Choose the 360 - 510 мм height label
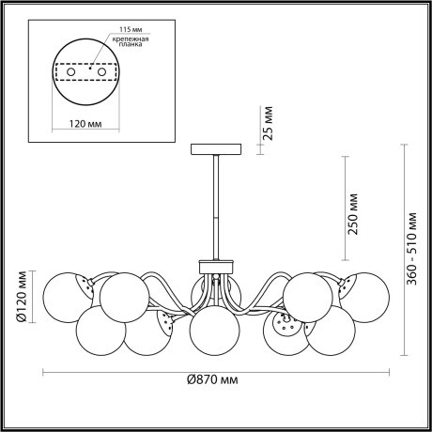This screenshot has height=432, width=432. (411, 249)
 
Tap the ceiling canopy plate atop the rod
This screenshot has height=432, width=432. (215, 147)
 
